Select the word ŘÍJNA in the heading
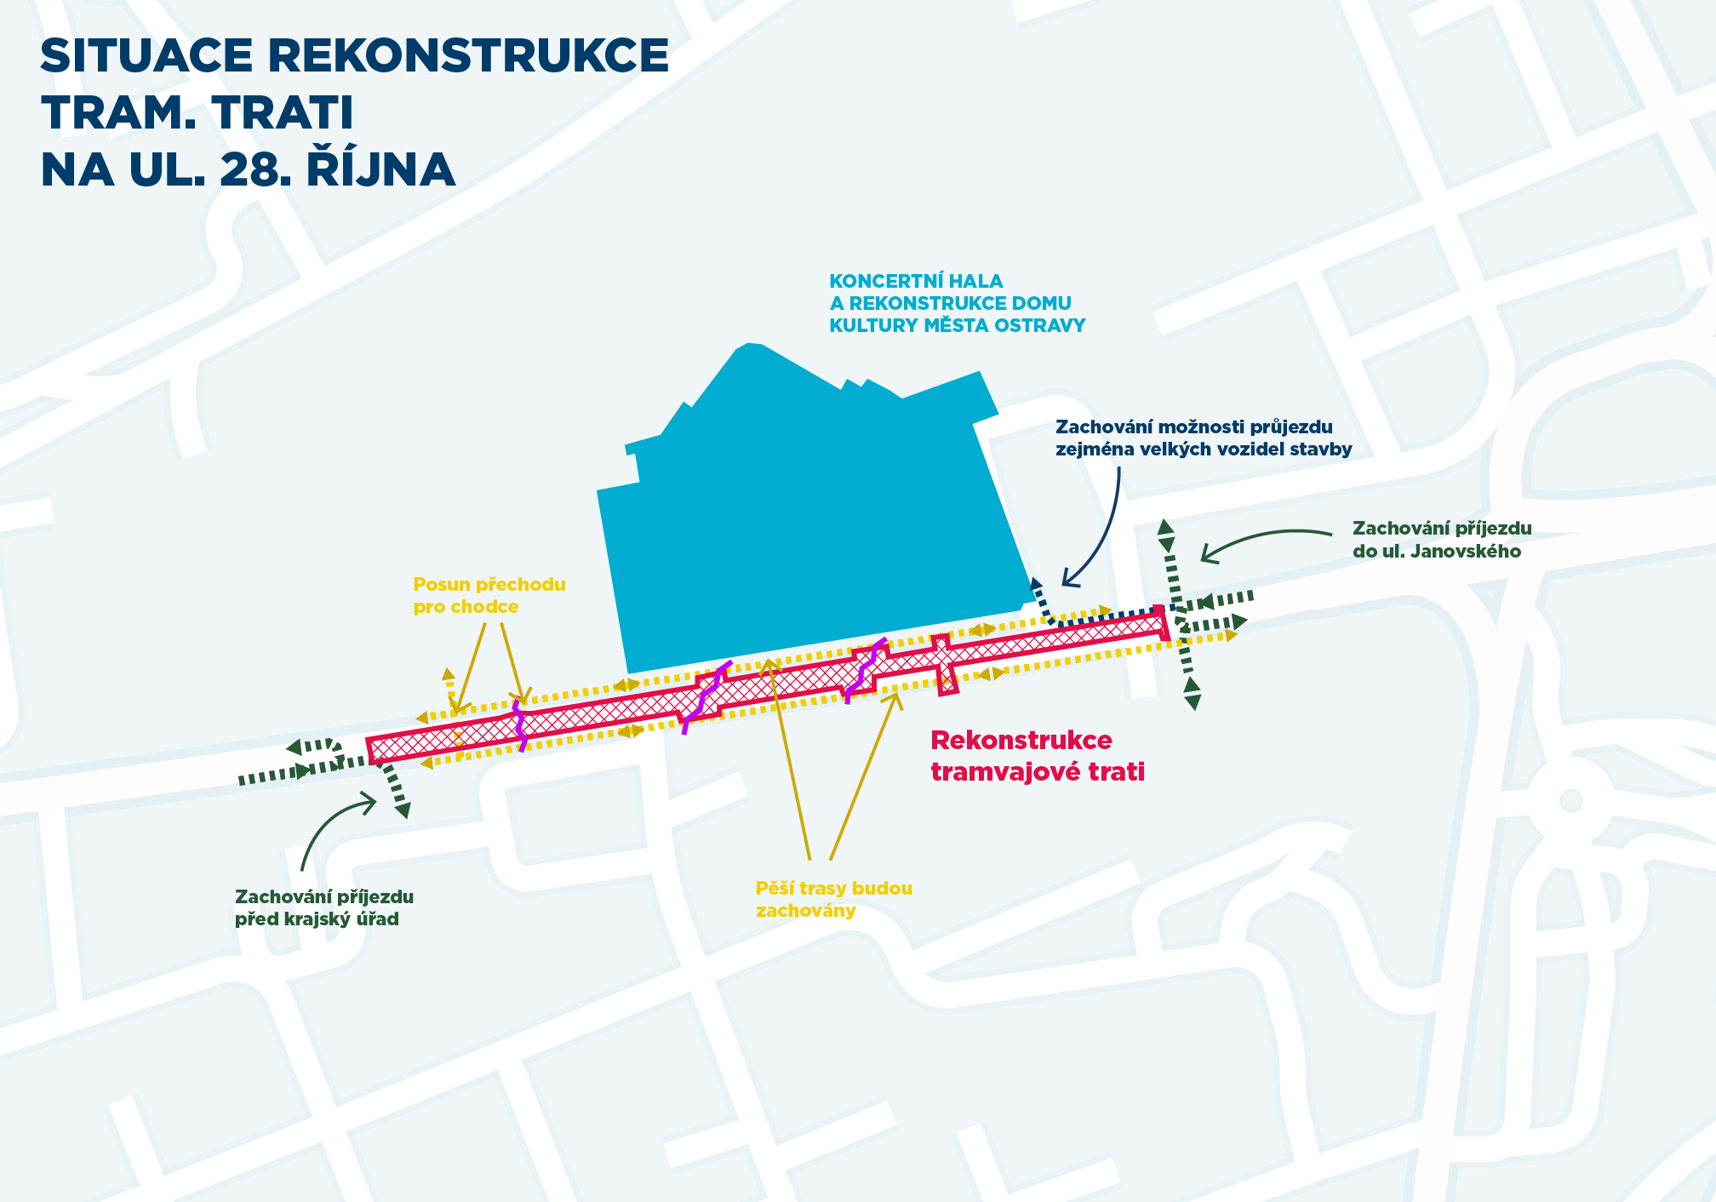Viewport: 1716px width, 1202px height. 380,169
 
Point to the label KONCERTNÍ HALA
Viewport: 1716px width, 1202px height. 916,281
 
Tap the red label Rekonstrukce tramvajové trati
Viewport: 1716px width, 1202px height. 1037,756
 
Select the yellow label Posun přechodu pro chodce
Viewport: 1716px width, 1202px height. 489,595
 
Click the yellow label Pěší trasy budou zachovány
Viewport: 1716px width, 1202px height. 833,899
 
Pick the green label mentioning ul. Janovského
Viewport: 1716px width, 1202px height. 1441,540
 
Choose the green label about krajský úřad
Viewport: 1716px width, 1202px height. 323,907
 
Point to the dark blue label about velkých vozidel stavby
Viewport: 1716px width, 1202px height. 1203,438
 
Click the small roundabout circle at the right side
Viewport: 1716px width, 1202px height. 1570,800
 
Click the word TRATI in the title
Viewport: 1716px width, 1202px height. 281,112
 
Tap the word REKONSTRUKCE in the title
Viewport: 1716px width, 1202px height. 468,56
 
